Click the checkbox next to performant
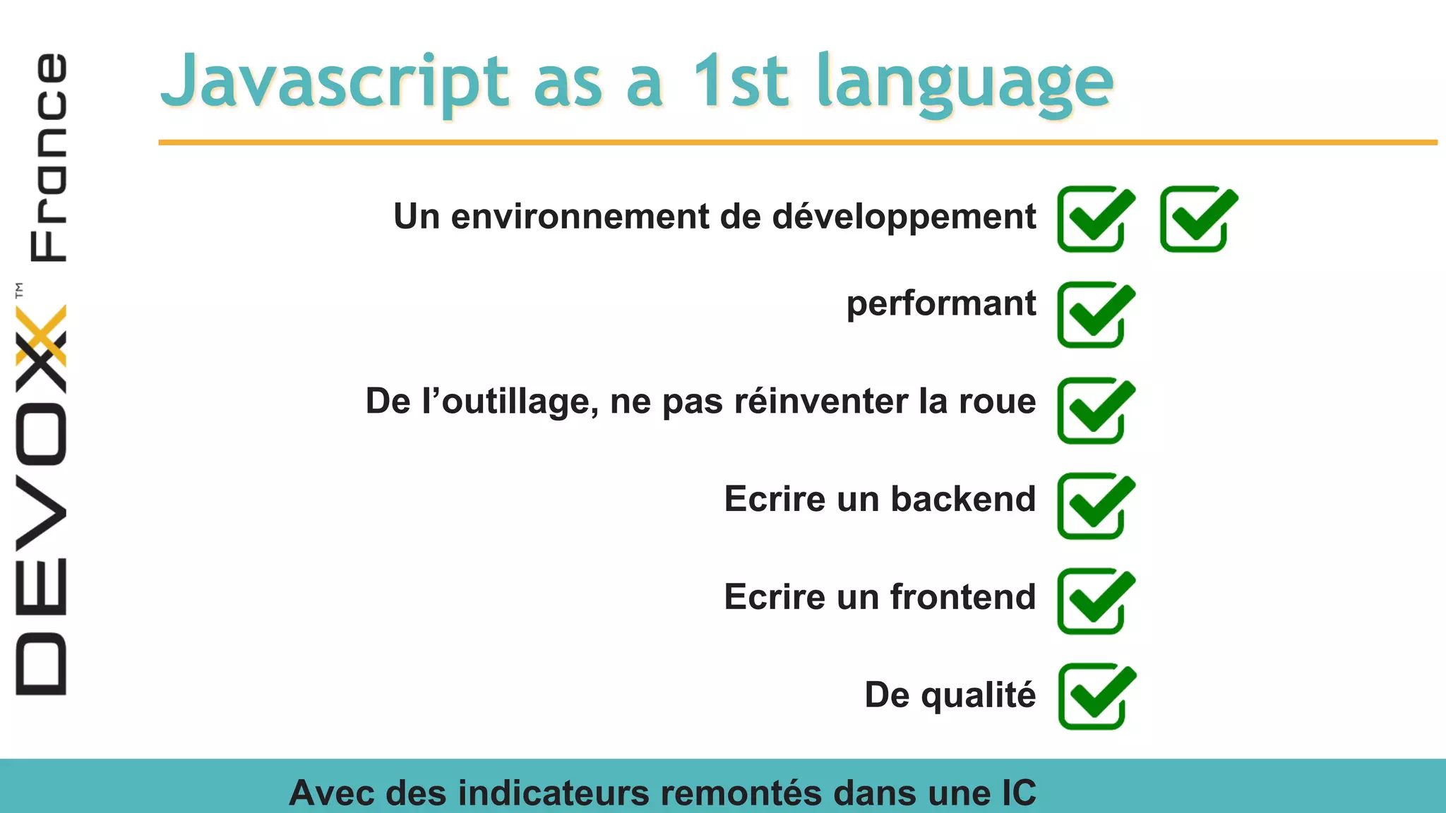tap(1095, 315)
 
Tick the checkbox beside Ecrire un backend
tap(1095, 505)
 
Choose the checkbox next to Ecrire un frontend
tap(1095, 601)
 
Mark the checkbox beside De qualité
tap(1096, 696)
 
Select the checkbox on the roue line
tap(1095, 410)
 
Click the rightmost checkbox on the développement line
tap(1198, 219)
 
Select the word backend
tap(963, 499)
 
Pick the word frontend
tap(963, 597)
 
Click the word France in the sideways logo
tap(49, 157)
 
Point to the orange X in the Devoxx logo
tap(41, 336)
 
